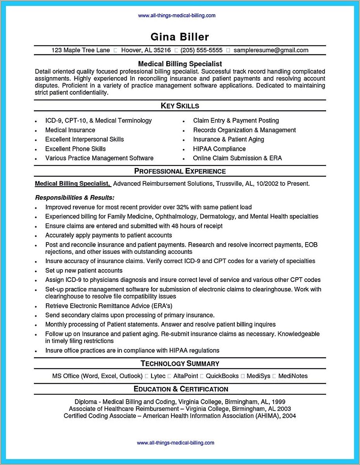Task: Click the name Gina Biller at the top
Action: [179, 37]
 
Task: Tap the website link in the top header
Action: [176, 16]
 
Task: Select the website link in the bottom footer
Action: [176, 443]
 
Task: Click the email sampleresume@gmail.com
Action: [271, 50]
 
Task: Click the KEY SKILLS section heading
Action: [180, 106]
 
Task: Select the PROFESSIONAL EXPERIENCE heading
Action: [180, 171]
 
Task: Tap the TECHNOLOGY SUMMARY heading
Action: [180, 363]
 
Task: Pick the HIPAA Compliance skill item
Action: [219, 149]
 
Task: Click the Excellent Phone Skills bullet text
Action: [75, 149]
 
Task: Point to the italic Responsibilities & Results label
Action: [74, 197]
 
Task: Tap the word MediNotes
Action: [293, 376]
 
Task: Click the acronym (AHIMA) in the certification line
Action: [266, 416]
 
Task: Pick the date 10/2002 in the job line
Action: [267, 184]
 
